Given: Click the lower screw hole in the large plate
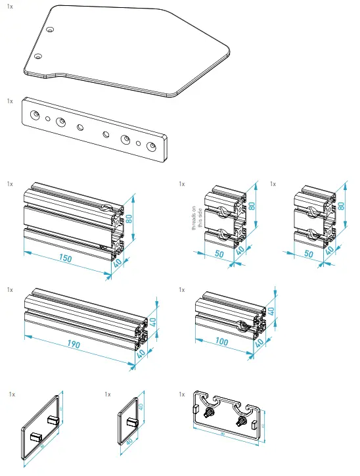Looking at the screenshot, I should tap(39, 57).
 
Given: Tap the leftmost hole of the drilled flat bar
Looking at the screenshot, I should tap(34, 112).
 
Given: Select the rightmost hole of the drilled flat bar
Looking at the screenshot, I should tap(152, 147).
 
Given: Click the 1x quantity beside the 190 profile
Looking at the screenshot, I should tap(10, 289).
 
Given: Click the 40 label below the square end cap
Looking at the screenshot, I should tap(129, 442).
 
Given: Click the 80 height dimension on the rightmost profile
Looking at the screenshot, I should tap(341, 205).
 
